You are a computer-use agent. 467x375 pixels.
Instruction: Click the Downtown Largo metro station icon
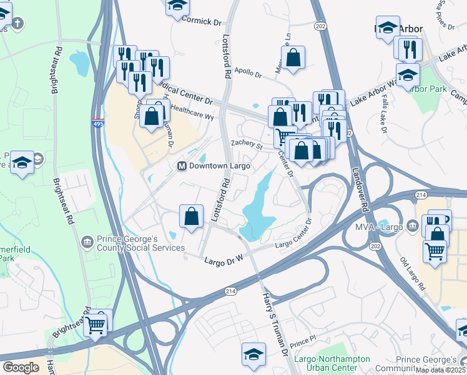[182, 166]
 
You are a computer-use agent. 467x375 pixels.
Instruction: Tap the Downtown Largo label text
[220, 166]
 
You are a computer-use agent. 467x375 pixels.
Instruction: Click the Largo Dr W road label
[224, 258]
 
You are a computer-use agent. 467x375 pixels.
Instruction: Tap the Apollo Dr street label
[248, 72]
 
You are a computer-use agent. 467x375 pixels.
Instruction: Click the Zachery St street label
[246, 144]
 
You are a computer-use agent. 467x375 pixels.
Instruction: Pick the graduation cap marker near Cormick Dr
[177, 5]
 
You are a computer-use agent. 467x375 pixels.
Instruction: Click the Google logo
[21, 367]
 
